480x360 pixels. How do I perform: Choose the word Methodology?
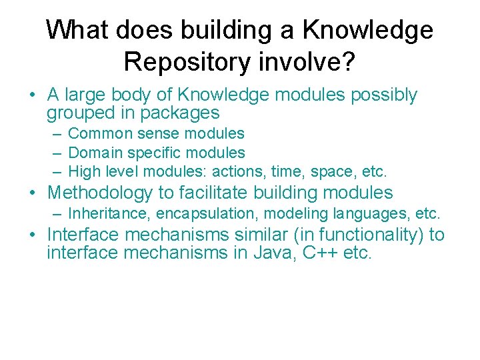[101, 193]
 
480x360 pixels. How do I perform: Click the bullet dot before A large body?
[32, 96]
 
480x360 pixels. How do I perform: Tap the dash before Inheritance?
[58, 214]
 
